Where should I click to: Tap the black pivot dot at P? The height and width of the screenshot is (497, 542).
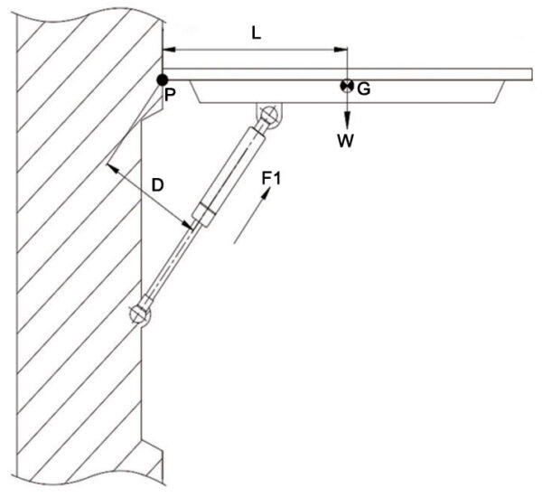pos(162,80)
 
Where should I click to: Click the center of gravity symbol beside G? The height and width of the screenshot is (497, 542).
pos(346,86)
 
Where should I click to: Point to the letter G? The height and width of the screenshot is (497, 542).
pos(363,89)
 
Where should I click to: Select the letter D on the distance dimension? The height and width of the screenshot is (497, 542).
pos(157,186)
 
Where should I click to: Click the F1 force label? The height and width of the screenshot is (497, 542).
pos(271,178)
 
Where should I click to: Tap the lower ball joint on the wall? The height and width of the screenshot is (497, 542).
pos(139,314)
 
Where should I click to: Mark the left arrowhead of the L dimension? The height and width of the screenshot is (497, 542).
pos(168,49)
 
